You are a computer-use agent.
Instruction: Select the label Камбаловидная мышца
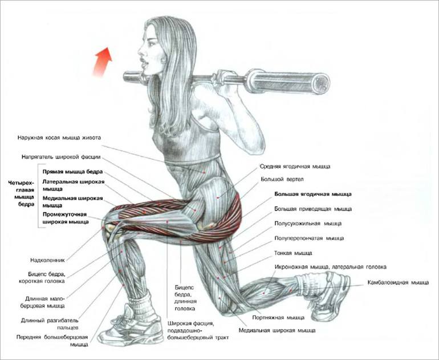[x=398, y=282]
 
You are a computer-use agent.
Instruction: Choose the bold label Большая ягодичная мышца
[x=312, y=194]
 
